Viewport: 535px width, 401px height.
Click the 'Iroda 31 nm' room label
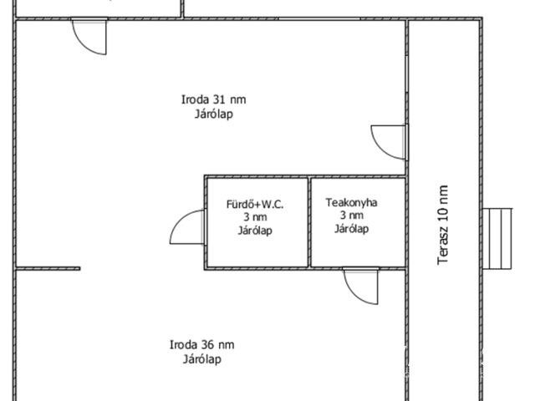click(214, 99)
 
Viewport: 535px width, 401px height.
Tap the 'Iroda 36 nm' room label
click(202, 345)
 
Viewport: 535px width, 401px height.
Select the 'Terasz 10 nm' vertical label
click(442, 225)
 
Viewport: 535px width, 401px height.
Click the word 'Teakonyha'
click(351, 202)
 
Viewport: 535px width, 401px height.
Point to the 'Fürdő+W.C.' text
click(255, 204)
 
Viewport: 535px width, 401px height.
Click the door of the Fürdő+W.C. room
click(187, 226)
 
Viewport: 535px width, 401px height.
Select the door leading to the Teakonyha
click(361, 286)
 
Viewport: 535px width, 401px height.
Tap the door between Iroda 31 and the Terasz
click(390, 142)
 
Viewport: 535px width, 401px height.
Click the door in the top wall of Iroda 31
click(89, 36)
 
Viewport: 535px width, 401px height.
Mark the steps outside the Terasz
click(497, 239)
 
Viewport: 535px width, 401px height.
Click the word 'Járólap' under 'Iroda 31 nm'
click(214, 114)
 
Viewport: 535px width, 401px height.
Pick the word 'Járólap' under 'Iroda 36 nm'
click(202, 359)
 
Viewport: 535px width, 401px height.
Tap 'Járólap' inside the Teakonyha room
click(351, 228)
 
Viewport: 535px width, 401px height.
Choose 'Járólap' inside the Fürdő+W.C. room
click(255, 231)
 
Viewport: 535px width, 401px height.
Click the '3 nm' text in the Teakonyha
click(351, 216)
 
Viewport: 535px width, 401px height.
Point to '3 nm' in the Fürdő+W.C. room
click(255, 217)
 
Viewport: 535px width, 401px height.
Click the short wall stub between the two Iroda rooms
click(48, 269)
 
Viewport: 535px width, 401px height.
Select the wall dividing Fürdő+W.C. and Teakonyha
click(309, 222)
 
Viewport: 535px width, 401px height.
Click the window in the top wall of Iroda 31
click(319, 18)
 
